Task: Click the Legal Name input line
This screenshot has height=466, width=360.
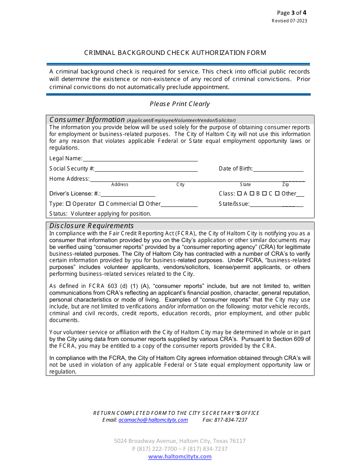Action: click(140, 159)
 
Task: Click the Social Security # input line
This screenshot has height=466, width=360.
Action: click(146, 169)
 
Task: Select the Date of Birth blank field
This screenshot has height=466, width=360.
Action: click(278, 169)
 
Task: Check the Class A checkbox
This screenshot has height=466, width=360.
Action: click(239, 194)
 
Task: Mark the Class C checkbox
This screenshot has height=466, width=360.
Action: click(265, 194)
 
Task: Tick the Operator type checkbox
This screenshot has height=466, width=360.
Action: click(68, 204)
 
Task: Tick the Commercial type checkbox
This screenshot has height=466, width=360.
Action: click(102, 204)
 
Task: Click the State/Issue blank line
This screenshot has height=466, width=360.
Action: click(276, 204)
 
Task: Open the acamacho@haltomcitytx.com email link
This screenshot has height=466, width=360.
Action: click(153, 420)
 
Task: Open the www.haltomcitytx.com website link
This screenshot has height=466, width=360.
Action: click(180, 457)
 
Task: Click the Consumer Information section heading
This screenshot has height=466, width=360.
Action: click(87, 120)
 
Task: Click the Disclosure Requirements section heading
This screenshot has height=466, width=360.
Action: click(92, 226)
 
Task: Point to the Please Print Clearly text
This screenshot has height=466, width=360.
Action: click(180, 104)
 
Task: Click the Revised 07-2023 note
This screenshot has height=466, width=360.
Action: click(290, 21)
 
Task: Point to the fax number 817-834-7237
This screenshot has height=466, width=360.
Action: click(231, 420)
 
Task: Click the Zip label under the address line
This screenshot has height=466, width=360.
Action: click(286, 185)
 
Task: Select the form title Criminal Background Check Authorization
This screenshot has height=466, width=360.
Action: click(175, 53)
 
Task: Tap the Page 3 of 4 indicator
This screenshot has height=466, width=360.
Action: click(291, 13)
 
